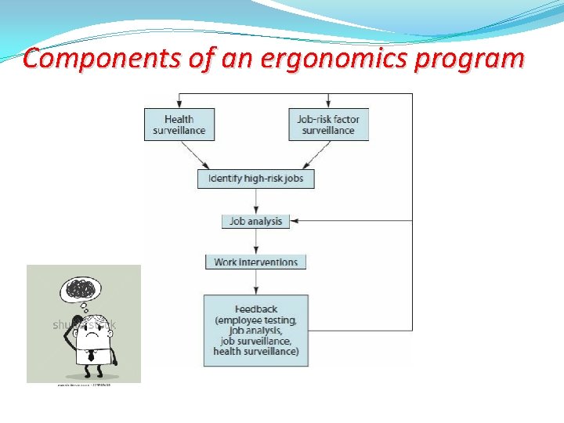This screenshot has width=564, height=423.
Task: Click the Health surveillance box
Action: click(179, 125)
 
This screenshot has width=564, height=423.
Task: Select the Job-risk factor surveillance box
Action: click(328, 125)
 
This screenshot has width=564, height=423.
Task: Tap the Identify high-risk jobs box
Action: click(255, 179)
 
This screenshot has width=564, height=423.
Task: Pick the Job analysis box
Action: click(255, 221)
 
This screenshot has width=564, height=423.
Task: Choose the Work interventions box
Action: click(255, 262)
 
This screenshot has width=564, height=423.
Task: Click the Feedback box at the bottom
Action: click(255, 330)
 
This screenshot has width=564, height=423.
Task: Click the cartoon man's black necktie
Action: click(90, 354)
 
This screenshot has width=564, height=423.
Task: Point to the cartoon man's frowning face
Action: click(88, 330)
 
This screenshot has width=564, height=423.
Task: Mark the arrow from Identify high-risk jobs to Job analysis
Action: click(255, 201)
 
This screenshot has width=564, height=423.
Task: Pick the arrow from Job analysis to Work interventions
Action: click(255, 241)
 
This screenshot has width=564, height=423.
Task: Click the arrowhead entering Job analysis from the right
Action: click(294, 221)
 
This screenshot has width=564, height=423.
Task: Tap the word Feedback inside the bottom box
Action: click(255, 309)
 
